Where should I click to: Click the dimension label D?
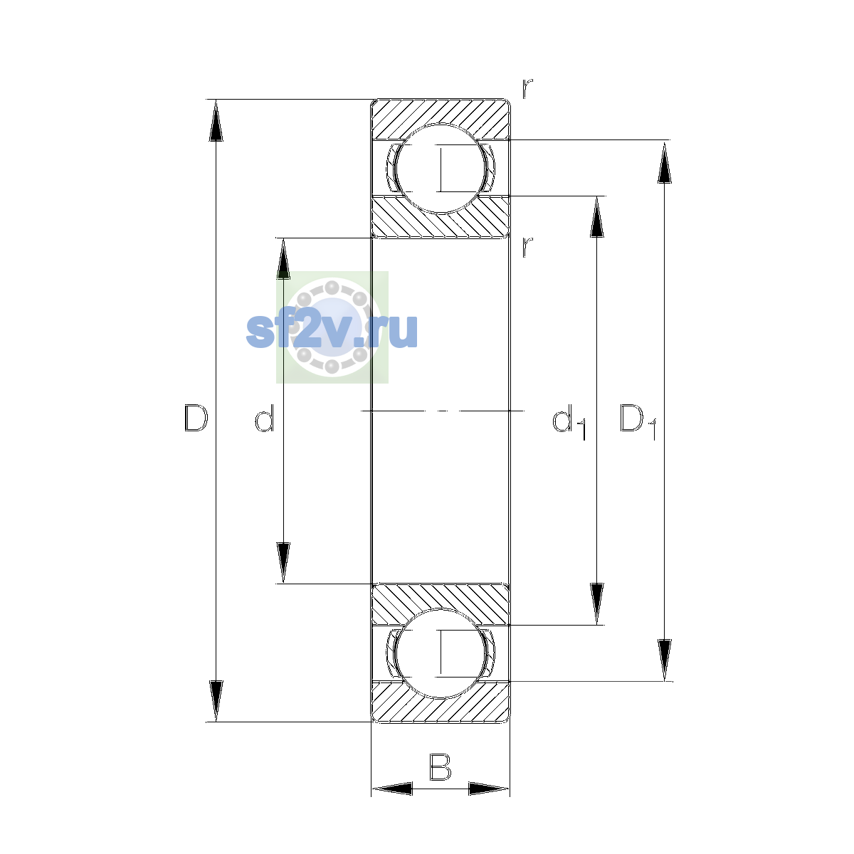pyautogui.click(x=196, y=418)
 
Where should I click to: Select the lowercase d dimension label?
pyautogui.click(x=265, y=418)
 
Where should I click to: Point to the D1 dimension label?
pyautogui.click(x=638, y=421)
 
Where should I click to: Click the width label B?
pyautogui.click(x=440, y=767)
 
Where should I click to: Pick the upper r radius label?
pyautogui.click(x=527, y=88)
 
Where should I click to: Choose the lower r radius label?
pyautogui.click(x=527, y=247)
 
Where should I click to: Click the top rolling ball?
pyautogui.click(x=440, y=169)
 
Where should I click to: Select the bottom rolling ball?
pyautogui.click(x=440, y=654)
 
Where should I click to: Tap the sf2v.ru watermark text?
pyautogui.click(x=332, y=331)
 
